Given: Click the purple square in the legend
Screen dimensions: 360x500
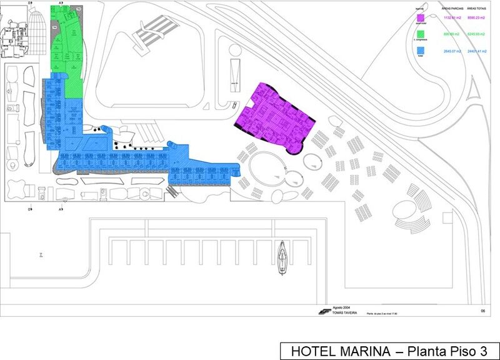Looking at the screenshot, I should click(421, 17).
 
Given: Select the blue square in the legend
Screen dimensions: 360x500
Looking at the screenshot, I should click(421, 49).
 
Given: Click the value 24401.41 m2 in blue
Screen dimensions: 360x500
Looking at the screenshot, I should click(478, 50).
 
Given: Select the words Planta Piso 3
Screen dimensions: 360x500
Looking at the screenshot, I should click(446, 350).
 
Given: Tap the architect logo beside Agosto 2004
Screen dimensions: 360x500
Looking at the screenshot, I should click(324, 310).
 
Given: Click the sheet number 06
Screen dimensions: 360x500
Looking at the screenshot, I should click(482, 311).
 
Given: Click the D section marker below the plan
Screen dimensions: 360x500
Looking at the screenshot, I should click(30, 209).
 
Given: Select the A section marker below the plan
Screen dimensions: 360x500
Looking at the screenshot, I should click(61, 209).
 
